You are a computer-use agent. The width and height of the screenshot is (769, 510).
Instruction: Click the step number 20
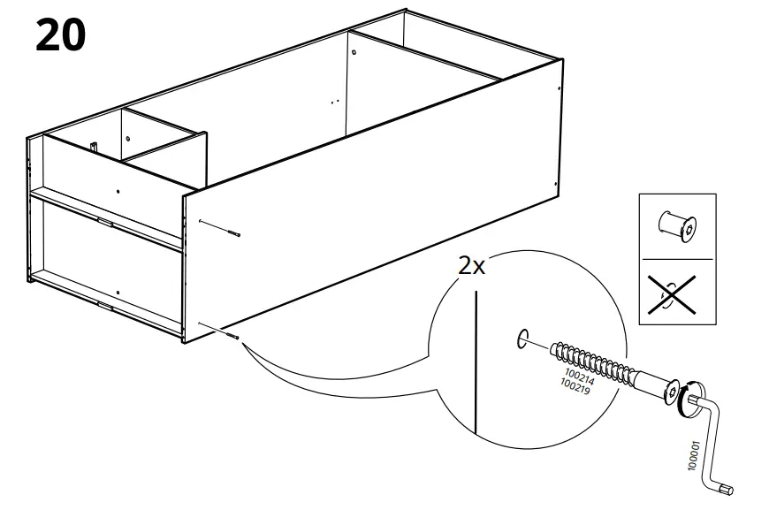pos(61,35)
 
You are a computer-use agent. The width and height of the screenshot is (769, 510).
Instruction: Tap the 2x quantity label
pos(472,266)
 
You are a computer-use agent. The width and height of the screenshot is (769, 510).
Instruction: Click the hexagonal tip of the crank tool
pos(727,488)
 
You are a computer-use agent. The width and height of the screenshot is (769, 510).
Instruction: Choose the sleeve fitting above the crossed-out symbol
pos(676,226)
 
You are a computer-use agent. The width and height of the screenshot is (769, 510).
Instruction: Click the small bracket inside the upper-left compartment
pos(93,144)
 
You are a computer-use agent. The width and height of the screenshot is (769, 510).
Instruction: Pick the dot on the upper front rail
pos(118,190)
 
